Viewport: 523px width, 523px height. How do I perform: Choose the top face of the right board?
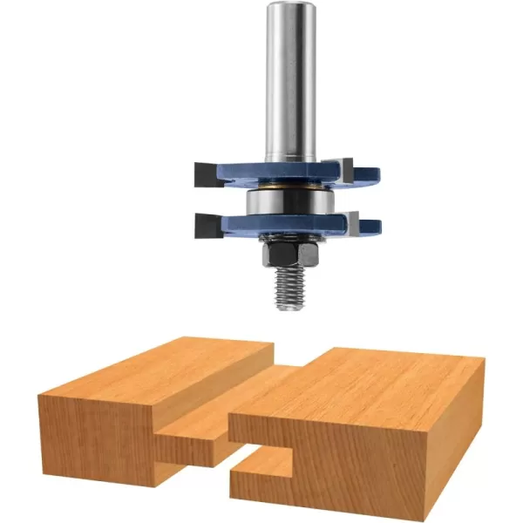coord(375,384)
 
